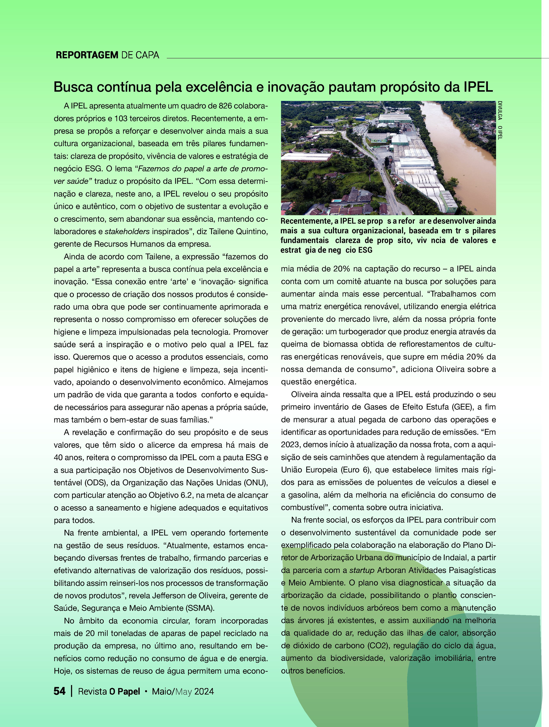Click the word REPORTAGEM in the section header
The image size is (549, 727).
pyautogui.click(x=87, y=55)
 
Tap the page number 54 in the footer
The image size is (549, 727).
pyautogui.click(x=59, y=691)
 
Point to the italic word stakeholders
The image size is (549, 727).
pyautogui.click(x=127, y=231)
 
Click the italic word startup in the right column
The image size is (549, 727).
pyautogui.click(x=362, y=570)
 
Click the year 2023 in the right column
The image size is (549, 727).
pyautogui.click(x=290, y=445)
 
